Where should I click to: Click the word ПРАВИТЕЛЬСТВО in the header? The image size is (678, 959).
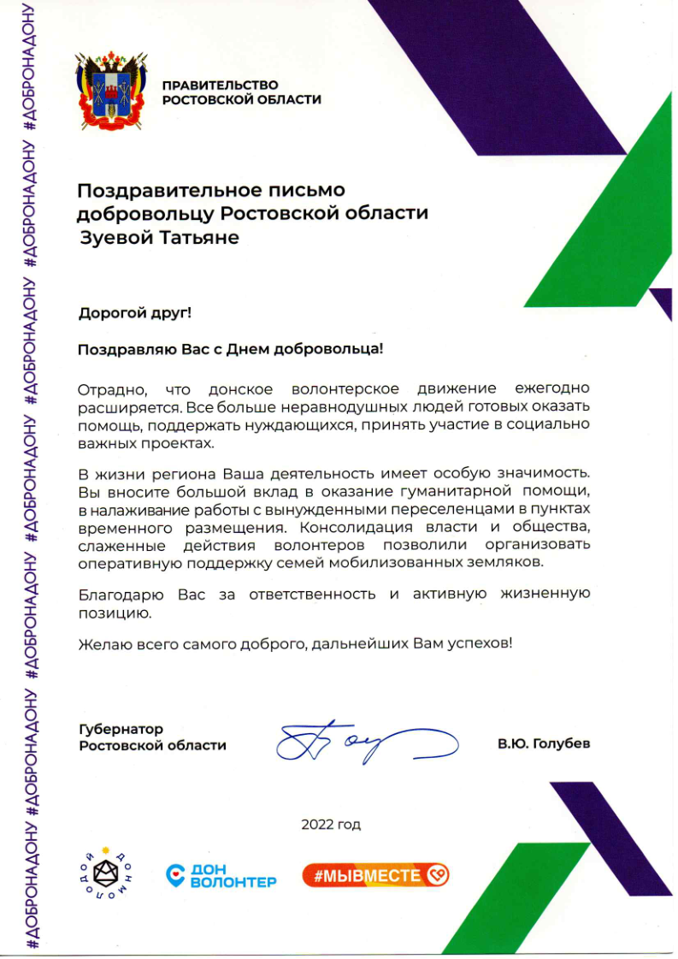tap(221, 85)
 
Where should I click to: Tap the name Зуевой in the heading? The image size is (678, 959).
tap(115, 237)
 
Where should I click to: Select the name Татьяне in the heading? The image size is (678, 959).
tap(198, 237)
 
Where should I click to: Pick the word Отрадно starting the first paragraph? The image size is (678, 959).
tap(106, 389)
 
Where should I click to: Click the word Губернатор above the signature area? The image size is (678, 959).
tap(121, 729)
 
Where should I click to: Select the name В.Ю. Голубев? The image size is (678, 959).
tap(544, 744)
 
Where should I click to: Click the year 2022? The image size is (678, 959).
tap(317, 825)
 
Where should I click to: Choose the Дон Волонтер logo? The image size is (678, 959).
tap(221, 874)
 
